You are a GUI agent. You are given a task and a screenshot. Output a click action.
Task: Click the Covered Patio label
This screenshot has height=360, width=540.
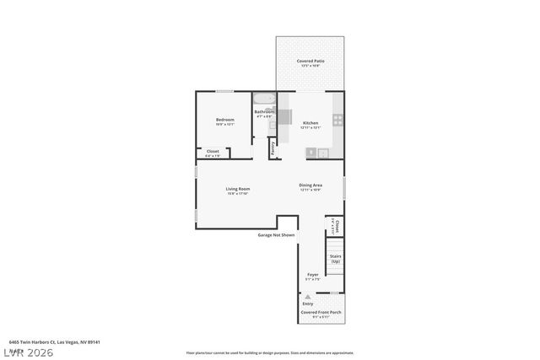[310, 62]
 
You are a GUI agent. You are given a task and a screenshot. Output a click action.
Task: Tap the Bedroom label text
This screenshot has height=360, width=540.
[224, 121]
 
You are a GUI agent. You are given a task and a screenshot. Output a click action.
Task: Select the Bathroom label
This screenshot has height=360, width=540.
[265, 112]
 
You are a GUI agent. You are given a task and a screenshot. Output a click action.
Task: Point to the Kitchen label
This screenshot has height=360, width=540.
[310, 123]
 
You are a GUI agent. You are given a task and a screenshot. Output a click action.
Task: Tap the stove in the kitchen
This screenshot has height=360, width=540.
[337, 120]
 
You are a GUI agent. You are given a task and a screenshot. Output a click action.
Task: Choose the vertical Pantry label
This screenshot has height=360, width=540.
[273, 148]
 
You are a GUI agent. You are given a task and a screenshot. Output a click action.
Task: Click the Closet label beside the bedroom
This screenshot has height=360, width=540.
[213, 152]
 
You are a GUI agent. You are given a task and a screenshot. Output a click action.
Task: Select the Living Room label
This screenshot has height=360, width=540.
[237, 189]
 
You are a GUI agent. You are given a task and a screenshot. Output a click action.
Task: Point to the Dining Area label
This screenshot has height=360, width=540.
[310, 185]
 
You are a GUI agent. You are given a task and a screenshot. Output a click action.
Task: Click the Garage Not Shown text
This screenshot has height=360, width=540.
[276, 234]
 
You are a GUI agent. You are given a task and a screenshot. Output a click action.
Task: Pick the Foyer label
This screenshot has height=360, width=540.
[312, 275]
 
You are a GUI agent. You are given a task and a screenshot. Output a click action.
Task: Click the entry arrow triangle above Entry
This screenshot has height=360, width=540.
[309, 297]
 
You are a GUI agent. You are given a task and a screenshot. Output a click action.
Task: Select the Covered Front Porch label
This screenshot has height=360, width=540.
[321, 312]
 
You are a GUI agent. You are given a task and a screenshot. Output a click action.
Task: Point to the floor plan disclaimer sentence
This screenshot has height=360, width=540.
[269, 352]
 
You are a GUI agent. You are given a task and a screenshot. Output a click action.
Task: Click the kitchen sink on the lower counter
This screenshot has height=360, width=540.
[311, 152]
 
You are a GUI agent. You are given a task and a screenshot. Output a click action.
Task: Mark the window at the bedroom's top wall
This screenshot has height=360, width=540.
[224, 91]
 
